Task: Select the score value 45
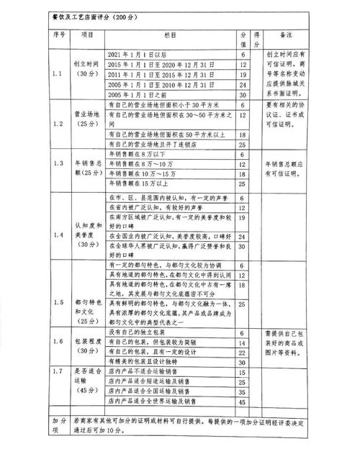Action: point(242,399)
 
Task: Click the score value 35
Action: point(242,389)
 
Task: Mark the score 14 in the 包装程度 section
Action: point(242,344)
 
